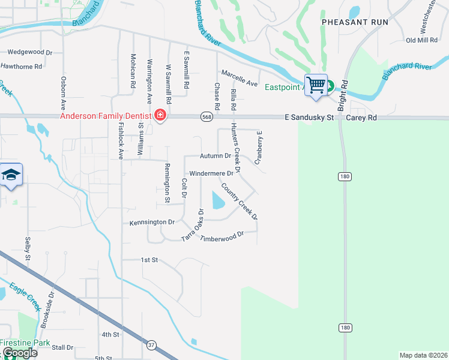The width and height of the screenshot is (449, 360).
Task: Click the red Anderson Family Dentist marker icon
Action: (x=160, y=115)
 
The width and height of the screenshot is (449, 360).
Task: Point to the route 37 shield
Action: (x=152, y=346)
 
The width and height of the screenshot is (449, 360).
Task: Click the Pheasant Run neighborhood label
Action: (x=355, y=22)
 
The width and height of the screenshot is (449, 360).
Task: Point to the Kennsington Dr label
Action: (x=152, y=222)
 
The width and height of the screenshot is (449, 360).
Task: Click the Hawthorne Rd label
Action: (x=21, y=66)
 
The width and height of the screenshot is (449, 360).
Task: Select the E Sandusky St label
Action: (x=309, y=118)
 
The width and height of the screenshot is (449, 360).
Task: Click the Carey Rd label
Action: (x=361, y=118)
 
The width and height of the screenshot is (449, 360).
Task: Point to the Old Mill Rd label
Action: (x=422, y=40)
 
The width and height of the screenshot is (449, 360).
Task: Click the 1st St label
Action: (x=149, y=260)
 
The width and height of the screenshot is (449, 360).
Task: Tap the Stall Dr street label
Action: (x=62, y=347)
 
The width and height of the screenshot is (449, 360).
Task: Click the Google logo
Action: (x=19, y=353)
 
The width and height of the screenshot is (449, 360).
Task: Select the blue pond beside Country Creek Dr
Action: (x=217, y=199)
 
